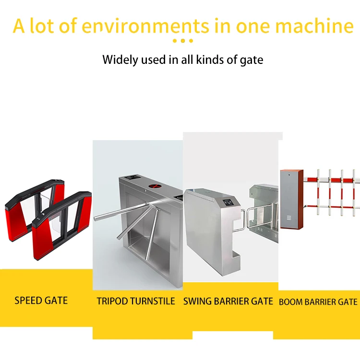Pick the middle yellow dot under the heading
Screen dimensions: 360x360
[182, 41]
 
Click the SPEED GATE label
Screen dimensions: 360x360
[41, 300]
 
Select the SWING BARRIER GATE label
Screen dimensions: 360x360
[228, 301]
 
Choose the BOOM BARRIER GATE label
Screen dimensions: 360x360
[318, 302]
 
